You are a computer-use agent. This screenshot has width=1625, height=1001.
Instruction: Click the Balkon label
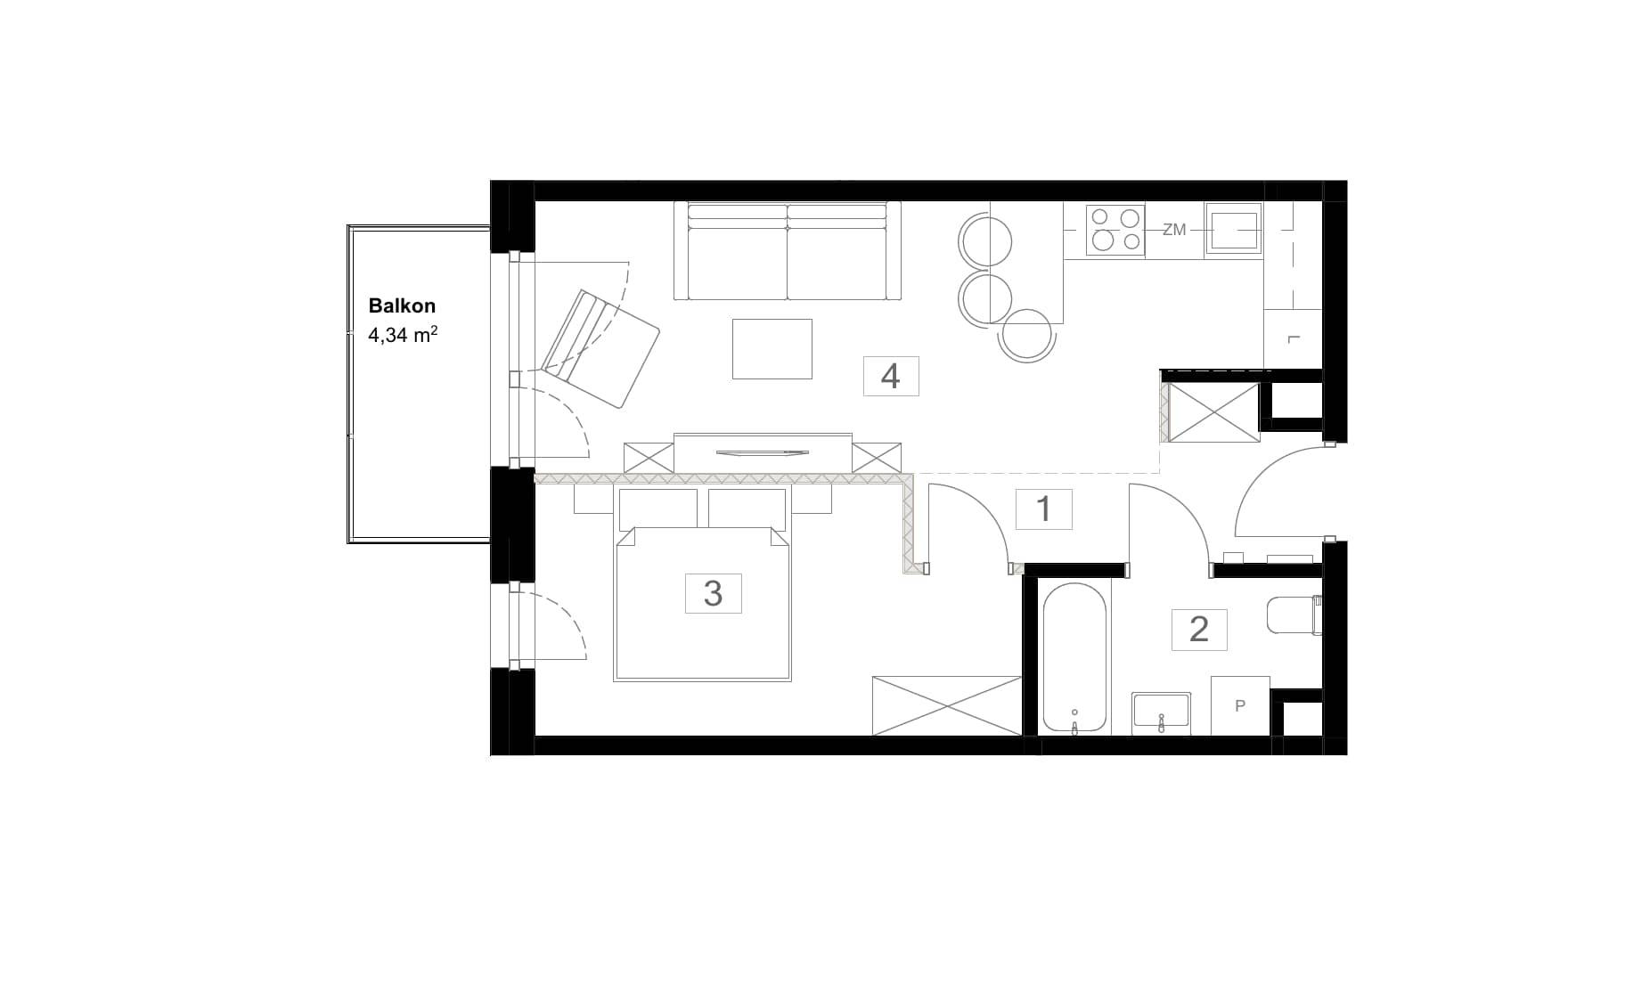pos(402,305)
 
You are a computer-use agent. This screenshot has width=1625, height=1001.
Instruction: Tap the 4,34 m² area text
pos(403,336)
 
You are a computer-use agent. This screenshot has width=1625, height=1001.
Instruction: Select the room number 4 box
pos(891,376)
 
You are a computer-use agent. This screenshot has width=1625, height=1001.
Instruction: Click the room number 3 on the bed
pos(713,593)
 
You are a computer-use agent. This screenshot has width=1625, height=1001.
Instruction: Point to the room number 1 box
pos(1044,509)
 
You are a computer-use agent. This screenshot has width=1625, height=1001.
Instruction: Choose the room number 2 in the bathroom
pos(1199,630)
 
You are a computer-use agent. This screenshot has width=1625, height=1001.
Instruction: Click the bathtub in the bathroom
pos(1074,658)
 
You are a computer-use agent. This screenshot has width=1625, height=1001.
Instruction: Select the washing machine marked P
pos(1240,705)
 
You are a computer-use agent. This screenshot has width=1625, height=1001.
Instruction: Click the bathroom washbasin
pos(1162,713)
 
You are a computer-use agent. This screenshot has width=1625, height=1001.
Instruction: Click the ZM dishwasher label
pos(1174,230)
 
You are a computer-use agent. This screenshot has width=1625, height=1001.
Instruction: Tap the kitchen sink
pos(1234,230)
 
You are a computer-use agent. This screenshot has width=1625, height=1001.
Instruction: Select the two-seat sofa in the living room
pos(788,251)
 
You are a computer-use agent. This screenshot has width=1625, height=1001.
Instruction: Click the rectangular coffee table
pos(772,349)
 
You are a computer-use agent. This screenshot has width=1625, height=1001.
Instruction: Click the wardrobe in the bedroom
pos(947,705)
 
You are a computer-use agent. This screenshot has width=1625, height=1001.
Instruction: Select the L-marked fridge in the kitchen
pos(1293,339)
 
